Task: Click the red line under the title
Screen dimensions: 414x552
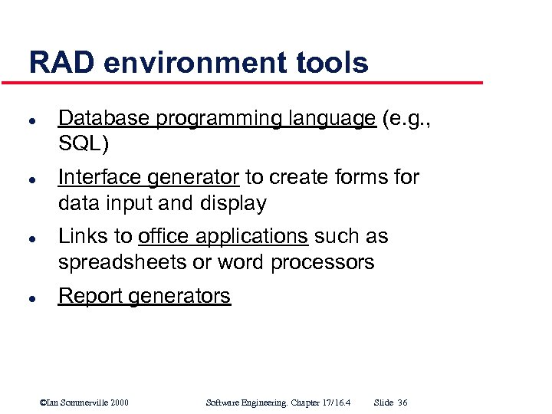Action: click(253, 82)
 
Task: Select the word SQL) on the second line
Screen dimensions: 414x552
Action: click(84, 144)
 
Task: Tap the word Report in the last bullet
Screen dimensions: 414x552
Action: click(90, 296)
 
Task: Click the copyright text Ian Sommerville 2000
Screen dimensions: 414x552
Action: click(84, 402)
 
